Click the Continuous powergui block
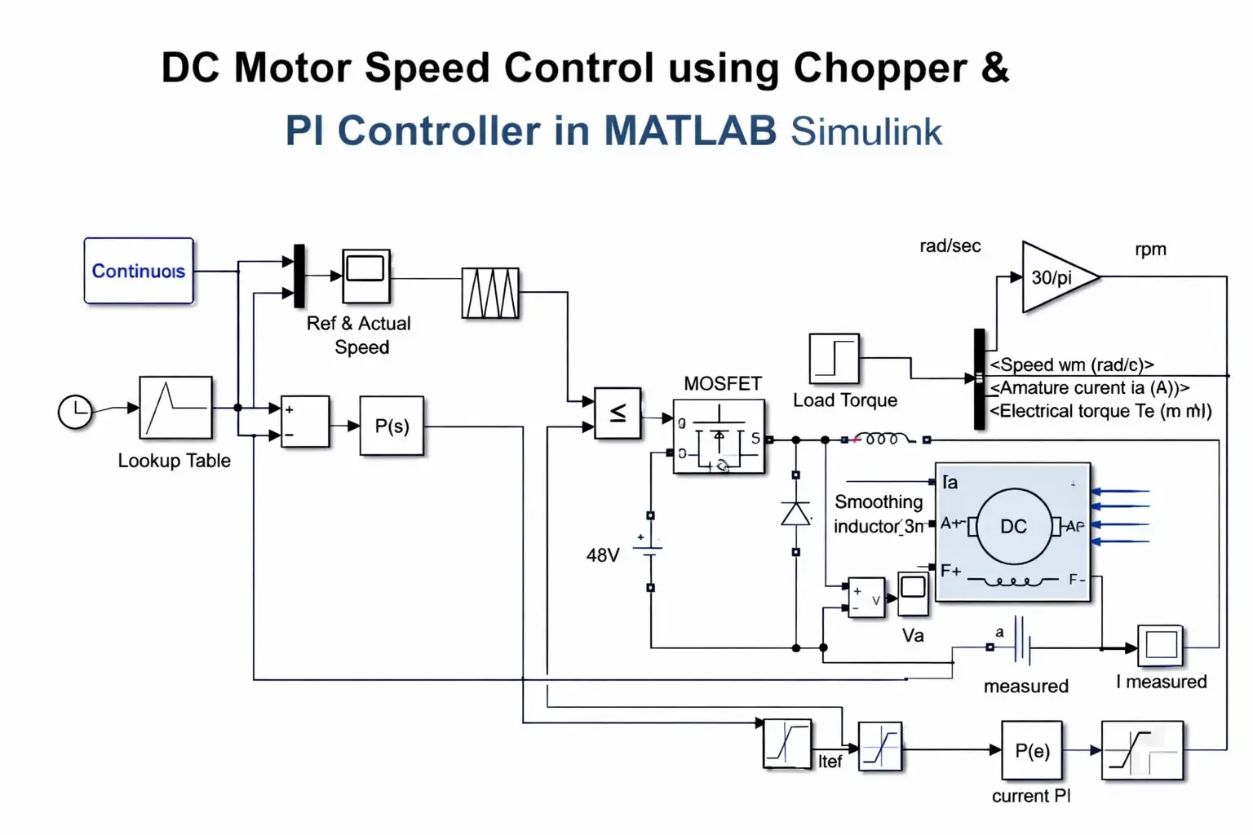tap(139, 271)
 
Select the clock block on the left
tap(75, 411)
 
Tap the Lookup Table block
tap(175, 407)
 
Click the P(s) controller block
tap(392, 426)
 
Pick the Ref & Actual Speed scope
tap(366, 276)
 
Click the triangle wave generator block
tap(489, 293)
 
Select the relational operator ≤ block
tap(618, 413)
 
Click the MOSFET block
tap(719, 437)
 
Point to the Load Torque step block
tap(834, 358)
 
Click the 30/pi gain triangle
tap(1055, 277)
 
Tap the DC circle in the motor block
tap(1013, 527)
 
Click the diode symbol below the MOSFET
tap(795, 514)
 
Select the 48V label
tap(603, 555)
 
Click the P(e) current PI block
tap(1032, 750)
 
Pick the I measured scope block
tap(1160, 646)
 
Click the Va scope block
tap(913, 593)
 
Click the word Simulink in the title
tap(866, 131)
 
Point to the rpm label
tap(1150, 250)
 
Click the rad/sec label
tap(950, 246)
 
